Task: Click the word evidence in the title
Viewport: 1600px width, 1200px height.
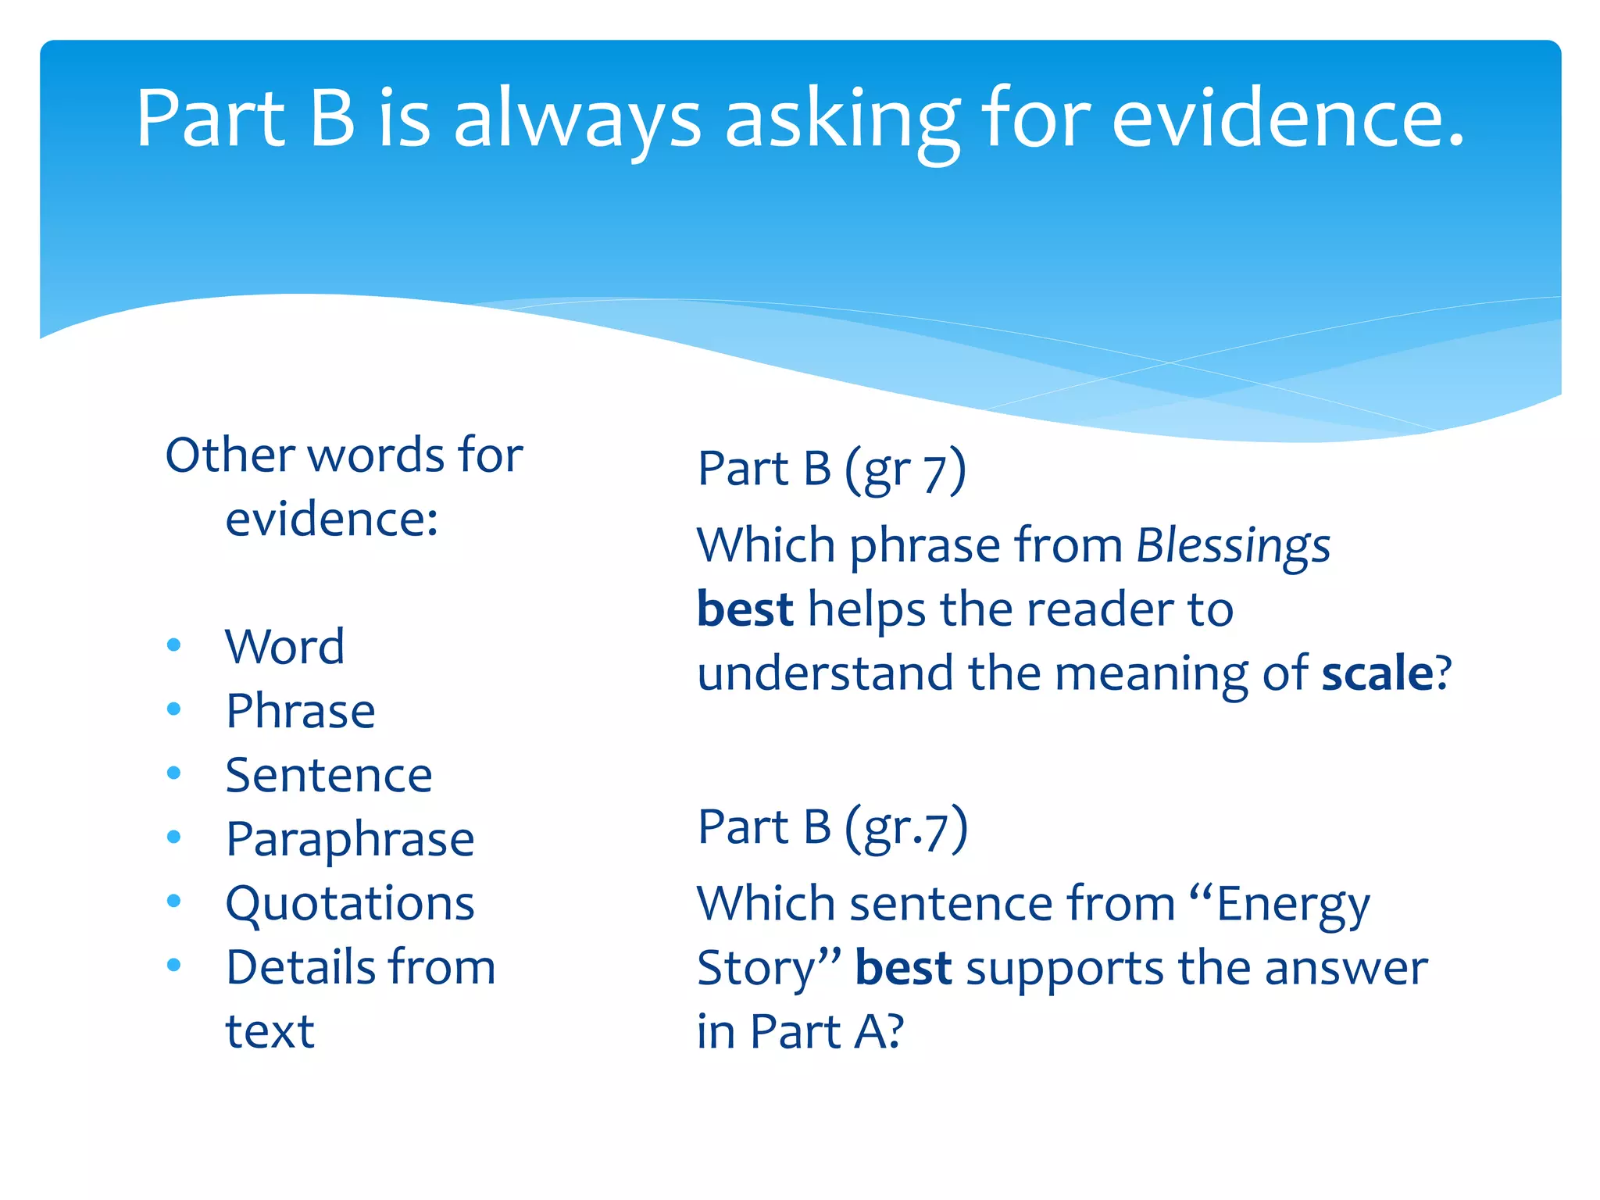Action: (1287, 119)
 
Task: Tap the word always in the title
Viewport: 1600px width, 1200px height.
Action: (577, 119)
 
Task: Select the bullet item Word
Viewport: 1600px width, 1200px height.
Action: (284, 647)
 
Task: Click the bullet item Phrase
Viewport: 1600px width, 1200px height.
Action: (300, 711)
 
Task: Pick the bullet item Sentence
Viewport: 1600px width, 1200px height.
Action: (328, 775)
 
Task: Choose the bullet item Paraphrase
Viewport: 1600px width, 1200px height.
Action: (349, 840)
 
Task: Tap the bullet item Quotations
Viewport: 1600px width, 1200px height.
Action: (349, 904)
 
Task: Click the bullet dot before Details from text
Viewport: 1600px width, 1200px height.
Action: (173, 965)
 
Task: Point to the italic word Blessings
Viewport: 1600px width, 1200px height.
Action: (1233, 545)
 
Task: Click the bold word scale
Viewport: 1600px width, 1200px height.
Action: (1377, 673)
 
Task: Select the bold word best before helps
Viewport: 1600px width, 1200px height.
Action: (745, 609)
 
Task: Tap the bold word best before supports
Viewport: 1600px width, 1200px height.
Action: (903, 968)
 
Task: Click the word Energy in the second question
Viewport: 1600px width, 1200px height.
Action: (1293, 905)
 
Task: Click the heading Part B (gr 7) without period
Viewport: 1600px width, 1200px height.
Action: (831, 470)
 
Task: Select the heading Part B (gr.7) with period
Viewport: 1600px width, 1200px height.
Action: (832, 828)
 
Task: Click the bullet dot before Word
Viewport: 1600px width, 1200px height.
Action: (173, 645)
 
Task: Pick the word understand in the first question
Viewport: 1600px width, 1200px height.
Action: (825, 673)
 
